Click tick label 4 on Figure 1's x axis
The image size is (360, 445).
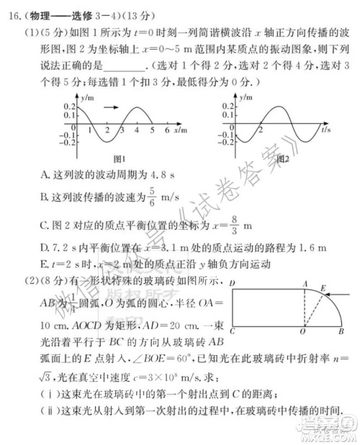tap(153, 132)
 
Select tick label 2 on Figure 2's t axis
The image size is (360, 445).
tap(259, 132)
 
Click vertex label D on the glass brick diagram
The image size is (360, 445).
tap(231, 285)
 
